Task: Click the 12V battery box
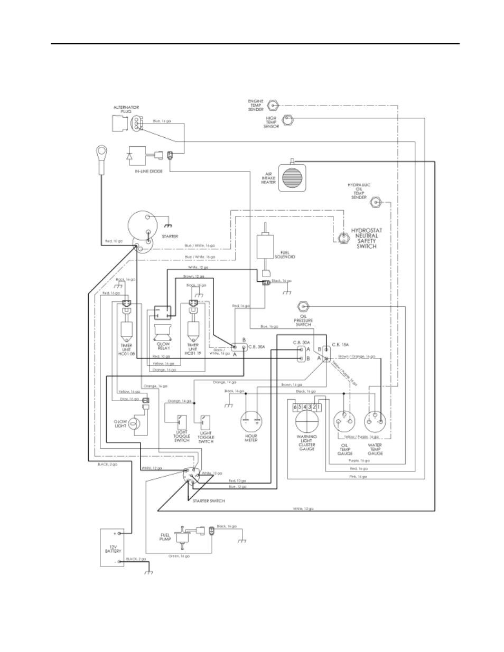[113, 547]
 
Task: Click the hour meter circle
[251, 420]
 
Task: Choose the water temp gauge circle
[375, 420]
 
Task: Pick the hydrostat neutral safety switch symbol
[342, 239]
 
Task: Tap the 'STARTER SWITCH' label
[210, 500]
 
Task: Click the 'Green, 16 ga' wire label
[180, 556]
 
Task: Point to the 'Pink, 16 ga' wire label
[359, 477]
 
